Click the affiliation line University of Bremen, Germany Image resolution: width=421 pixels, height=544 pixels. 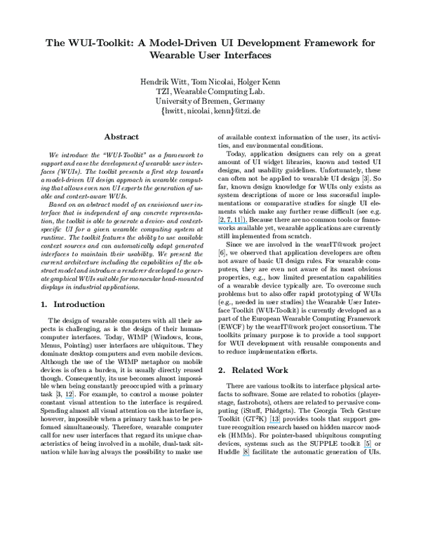210,100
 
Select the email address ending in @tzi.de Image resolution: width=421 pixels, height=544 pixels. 210,110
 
